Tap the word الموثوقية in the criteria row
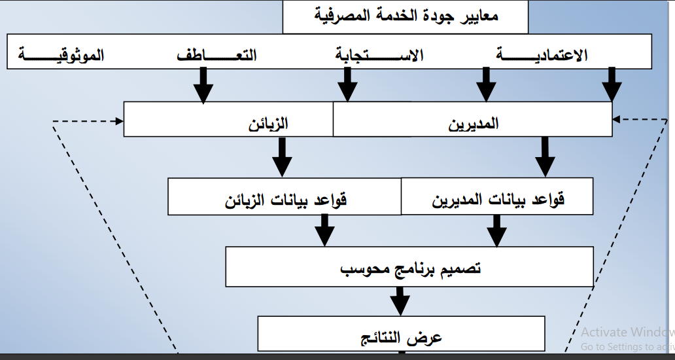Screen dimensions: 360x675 [62, 56]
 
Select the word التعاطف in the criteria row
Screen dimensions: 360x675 [216, 56]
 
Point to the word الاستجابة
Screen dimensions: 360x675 [379, 56]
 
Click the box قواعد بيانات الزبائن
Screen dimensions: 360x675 [285, 198]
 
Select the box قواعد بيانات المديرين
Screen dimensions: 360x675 [498, 198]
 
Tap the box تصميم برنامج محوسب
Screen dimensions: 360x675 [410, 268]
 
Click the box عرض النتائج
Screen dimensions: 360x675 [402, 336]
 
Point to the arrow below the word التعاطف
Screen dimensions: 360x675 [203, 86]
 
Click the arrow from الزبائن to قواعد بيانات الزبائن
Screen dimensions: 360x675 [282, 157]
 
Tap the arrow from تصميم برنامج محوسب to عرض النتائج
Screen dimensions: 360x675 [400, 301]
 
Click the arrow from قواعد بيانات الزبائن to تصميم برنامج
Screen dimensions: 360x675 [324, 230]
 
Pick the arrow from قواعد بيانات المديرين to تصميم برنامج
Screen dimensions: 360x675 [496, 230]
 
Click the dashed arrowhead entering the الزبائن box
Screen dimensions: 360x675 [119, 121]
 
